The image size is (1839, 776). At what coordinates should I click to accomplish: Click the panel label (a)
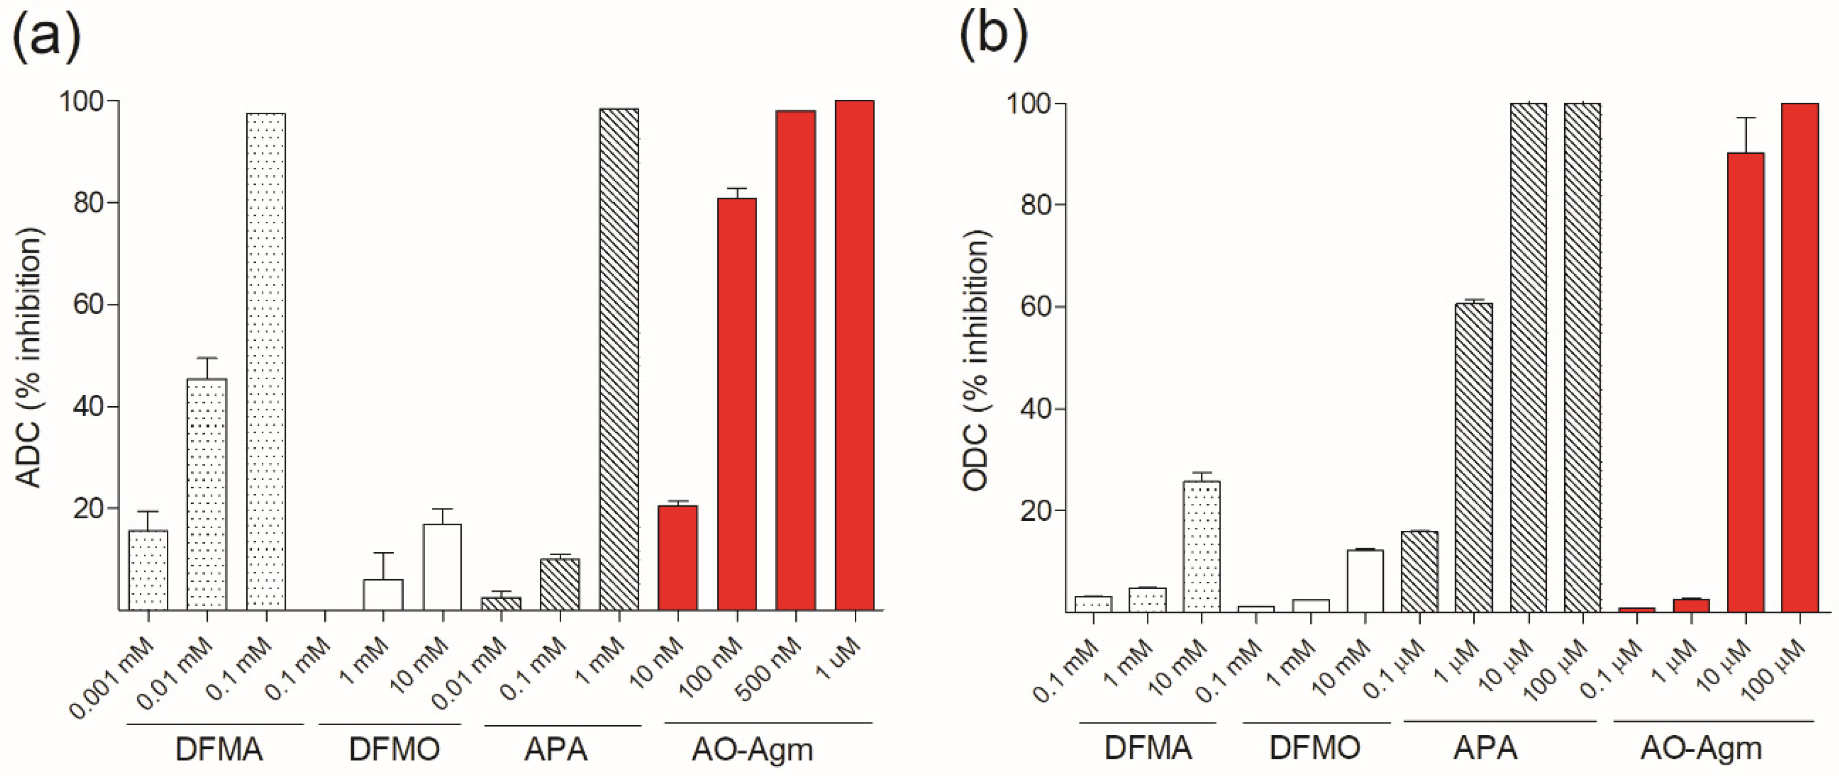tap(46, 36)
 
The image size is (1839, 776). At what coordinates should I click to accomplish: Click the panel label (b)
tap(993, 36)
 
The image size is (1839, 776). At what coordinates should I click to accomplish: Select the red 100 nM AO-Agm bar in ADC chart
tap(737, 404)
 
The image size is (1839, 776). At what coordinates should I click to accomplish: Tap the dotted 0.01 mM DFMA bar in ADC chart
tap(207, 494)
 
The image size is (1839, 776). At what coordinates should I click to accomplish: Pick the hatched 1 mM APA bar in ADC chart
tap(619, 359)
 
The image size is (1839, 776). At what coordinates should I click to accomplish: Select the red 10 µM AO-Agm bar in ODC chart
tap(1745, 382)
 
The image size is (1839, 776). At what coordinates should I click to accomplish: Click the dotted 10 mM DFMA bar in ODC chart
tap(1201, 546)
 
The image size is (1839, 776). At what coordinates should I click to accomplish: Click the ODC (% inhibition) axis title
tap(976, 360)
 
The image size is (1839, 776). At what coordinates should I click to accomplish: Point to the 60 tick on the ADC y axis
tap(89, 305)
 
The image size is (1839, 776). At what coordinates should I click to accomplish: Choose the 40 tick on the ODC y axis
tap(1037, 409)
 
